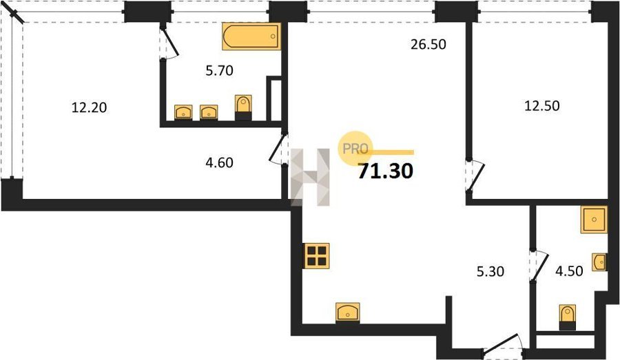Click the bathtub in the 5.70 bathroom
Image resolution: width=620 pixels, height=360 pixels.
(251, 36)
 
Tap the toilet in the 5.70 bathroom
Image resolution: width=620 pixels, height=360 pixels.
(243, 107)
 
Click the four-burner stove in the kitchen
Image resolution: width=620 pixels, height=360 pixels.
(317, 256)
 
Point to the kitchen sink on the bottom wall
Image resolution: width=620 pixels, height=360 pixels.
(348, 313)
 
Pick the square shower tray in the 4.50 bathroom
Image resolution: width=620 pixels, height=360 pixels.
(594, 220)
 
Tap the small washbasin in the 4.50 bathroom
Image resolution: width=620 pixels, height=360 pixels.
(599, 262)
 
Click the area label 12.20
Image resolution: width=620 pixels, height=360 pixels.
(89, 107)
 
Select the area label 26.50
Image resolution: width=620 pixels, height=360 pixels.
(428, 44)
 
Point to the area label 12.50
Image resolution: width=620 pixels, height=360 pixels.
(541, 106)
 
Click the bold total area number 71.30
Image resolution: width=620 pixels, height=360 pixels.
(386, 171)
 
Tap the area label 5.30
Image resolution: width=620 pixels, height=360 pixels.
(490, 271)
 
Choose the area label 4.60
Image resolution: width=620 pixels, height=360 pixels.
(220, 162)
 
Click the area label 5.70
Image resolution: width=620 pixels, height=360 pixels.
(220, 71)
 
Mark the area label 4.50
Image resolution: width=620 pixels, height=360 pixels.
(569, 271)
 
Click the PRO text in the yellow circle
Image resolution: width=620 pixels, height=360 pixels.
(355, 149)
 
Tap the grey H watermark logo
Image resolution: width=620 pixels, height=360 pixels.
(311, 178)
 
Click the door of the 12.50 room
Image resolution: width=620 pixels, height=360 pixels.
(475, 176)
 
